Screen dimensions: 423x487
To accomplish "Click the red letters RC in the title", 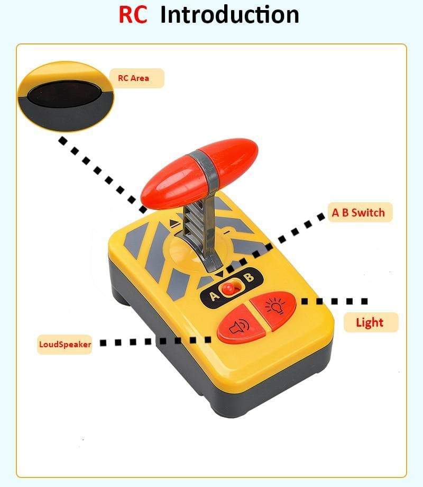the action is [133, 15].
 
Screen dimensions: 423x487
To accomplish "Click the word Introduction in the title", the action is [229, 15].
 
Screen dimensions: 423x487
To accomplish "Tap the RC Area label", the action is [133, 78].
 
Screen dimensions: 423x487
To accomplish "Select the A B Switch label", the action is [358, 213].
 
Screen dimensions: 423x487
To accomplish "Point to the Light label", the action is [370, 322].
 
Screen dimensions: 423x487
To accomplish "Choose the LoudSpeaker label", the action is [65, 344].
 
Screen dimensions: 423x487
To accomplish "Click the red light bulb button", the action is [273, 311].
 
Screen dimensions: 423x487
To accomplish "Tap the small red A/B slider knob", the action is [228, 288].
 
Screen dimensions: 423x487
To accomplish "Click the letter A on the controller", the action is [214, 296].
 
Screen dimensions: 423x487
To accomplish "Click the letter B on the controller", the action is [249, 276].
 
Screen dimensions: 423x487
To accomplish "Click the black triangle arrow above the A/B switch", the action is [219, 274].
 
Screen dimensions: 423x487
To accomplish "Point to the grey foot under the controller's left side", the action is [121, 297].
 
